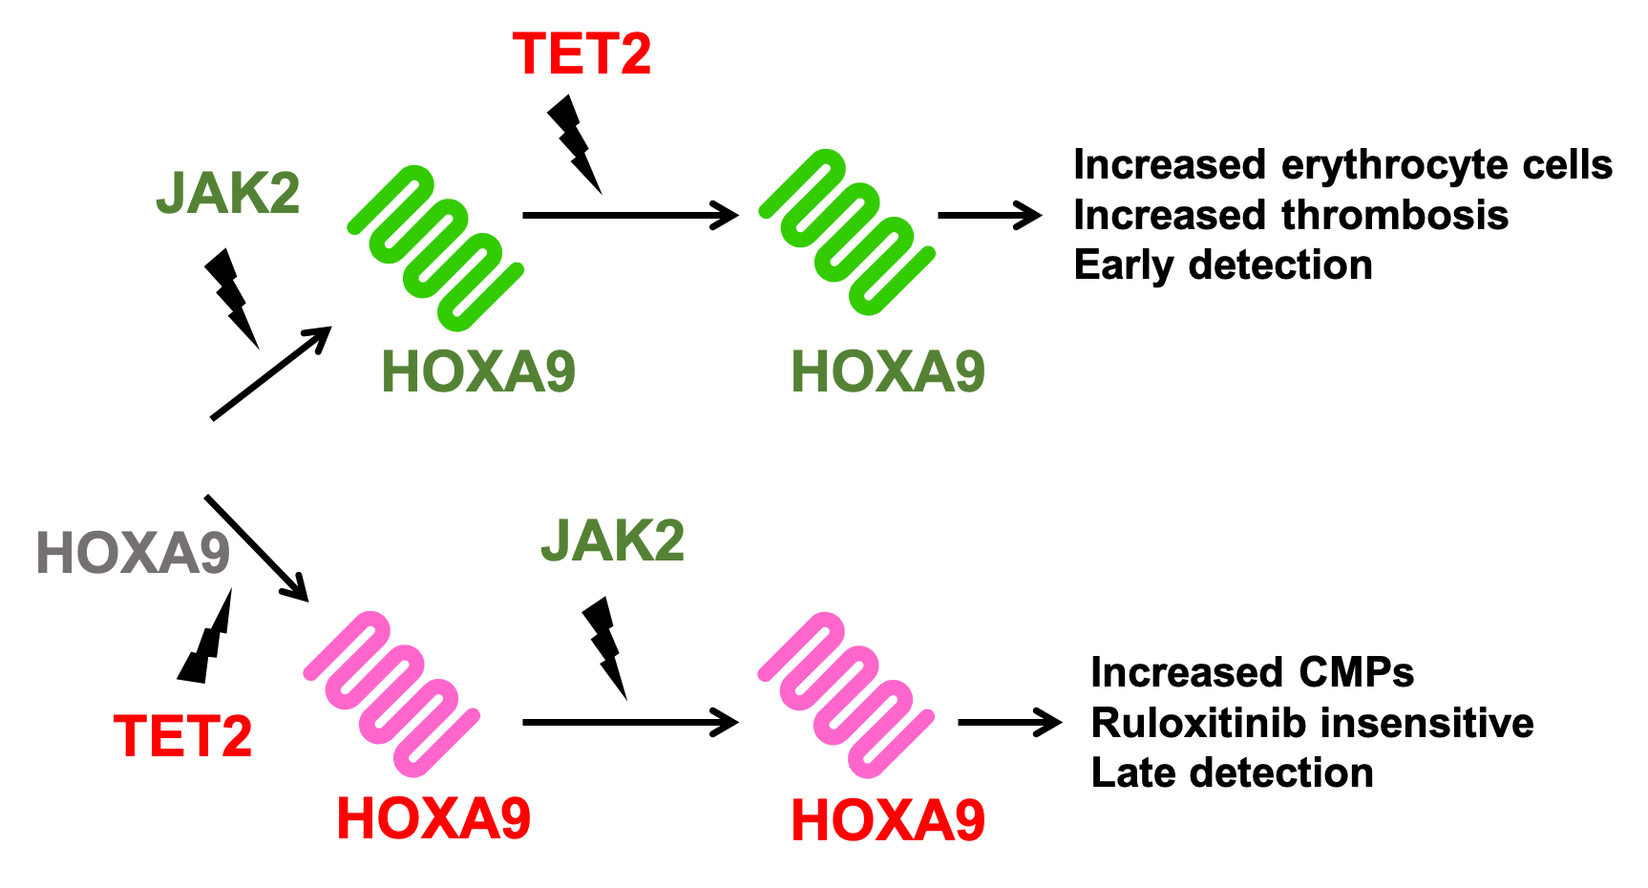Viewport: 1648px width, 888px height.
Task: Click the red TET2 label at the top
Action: click(x=581, y=53)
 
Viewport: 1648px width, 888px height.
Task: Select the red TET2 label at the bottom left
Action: click(x=182, y=736)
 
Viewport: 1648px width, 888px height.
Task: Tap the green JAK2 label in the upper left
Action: click(x=228, y=193)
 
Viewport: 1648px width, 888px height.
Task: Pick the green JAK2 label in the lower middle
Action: click(x=613, y=540)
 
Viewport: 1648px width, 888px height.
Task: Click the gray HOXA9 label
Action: click(x=133, y=553)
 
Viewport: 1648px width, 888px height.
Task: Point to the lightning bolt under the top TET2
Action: click(x=574, y=143)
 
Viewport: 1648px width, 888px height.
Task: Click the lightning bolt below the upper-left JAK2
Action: click(x=232, y=298)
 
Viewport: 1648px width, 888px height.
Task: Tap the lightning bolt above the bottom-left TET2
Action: click(x=206, y=635)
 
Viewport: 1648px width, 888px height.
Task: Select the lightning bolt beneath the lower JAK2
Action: click(x=605, y=648)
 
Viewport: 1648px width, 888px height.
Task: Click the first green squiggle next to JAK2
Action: click(x=435, y=248)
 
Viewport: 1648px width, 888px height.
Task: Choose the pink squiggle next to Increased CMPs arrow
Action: click(x=846, y=694)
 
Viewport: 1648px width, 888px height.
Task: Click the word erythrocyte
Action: click(x=1394, y=166)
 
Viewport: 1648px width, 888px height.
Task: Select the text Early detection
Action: click(x=1223, y=265)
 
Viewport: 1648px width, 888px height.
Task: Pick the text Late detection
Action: click(x=1233, y=772)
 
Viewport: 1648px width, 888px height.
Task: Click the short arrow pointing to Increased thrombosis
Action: click(x=990, y=216)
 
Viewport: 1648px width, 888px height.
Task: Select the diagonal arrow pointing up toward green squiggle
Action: click(x=271, y=372)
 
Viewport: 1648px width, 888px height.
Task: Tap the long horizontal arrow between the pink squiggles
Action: click(x=631, y=723)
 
